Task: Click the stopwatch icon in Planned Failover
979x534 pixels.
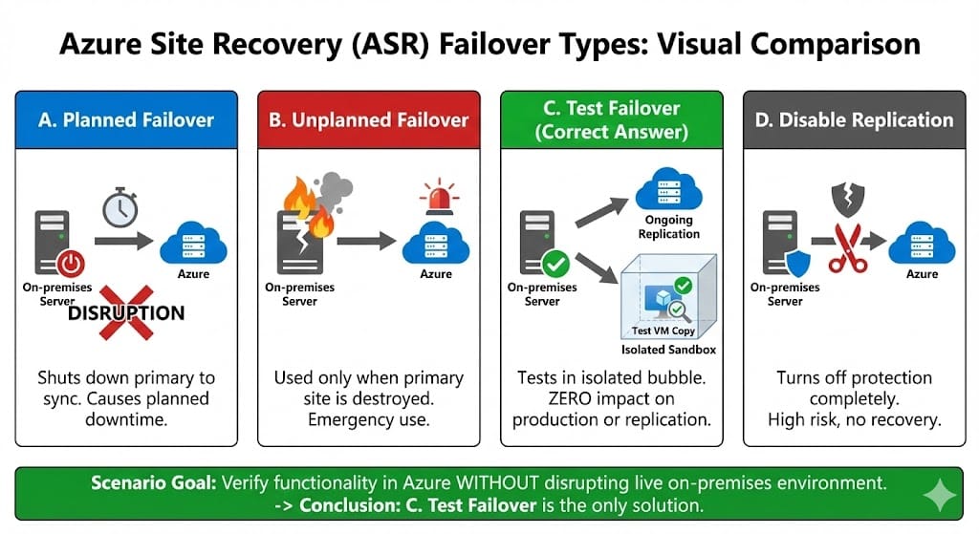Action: point(120,206)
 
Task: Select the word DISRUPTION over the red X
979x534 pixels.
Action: point(126,312)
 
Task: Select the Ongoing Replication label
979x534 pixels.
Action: point(669,227)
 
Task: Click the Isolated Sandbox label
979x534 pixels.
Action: point(668,350)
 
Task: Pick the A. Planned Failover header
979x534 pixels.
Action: point(126,119)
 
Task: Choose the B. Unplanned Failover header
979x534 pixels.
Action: point(369,119)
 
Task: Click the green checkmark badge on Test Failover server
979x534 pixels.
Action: point(554,263)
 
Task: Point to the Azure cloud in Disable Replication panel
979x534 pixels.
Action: point(922,247)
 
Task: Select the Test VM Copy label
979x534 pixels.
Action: point(657,331)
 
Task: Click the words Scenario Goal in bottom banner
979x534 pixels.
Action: point(153,483)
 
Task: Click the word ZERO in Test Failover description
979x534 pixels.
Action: point(543,399)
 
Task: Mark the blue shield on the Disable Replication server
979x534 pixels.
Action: point(797,262)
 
